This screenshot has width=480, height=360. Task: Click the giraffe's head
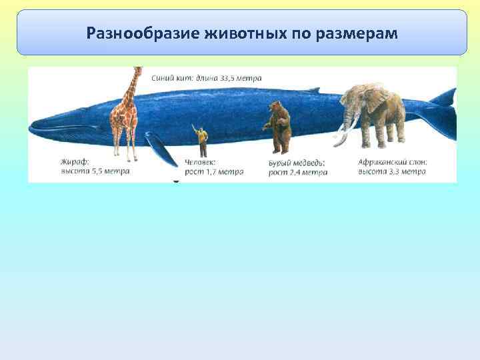[138, 70]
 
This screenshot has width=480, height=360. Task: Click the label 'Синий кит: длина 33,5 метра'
[207, 78]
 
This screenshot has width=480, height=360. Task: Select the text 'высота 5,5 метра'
[94, 171]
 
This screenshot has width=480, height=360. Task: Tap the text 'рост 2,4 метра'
[297, 172]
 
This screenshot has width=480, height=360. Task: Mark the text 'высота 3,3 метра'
[392, 171]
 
